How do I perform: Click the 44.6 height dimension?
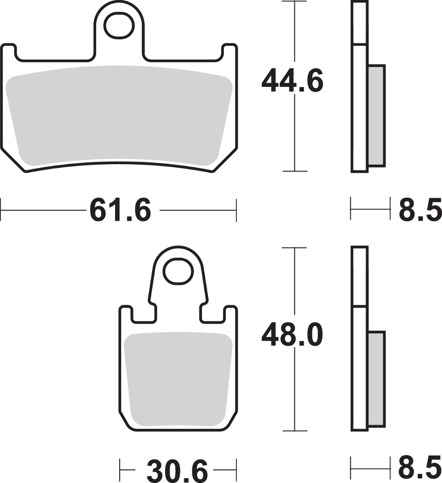(x=293, y=82)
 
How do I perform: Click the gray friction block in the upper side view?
(x=376, y=115)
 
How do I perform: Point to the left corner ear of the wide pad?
(x=10, y=52)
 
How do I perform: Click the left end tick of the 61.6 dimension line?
(x=2, y=210)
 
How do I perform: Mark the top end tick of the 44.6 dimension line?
(x=295, y=2)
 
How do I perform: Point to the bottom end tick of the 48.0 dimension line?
(x=295, y=431)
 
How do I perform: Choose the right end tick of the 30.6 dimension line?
(x=236, y=469)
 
